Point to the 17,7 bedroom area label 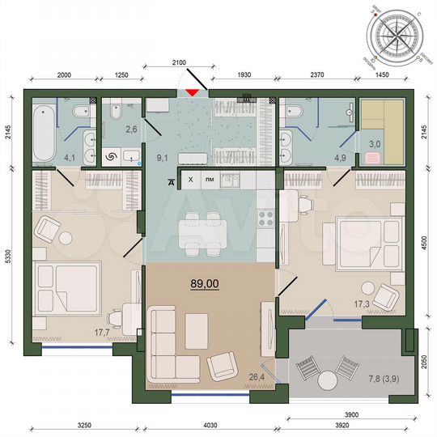coord(102,331)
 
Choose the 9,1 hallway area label coord(161,146)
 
